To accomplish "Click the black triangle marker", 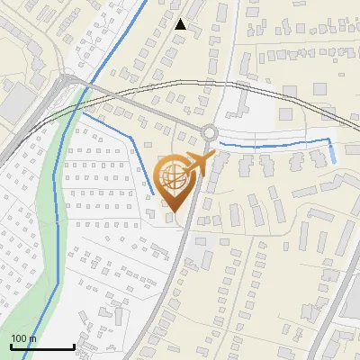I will point(181,24).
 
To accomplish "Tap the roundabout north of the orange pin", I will point(210,132).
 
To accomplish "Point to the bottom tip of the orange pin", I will point(174,212).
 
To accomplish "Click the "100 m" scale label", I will point(23,338).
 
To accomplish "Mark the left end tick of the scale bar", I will point(11,345).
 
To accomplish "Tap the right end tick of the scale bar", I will point(74,345).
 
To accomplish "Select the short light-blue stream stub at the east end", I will point(333,151).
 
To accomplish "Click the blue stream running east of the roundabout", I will point(270,145).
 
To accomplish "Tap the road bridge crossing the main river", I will point(85,87).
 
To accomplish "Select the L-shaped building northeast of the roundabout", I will point(236,103).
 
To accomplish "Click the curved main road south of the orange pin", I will point(175,270).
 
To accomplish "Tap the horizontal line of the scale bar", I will point(42,346).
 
